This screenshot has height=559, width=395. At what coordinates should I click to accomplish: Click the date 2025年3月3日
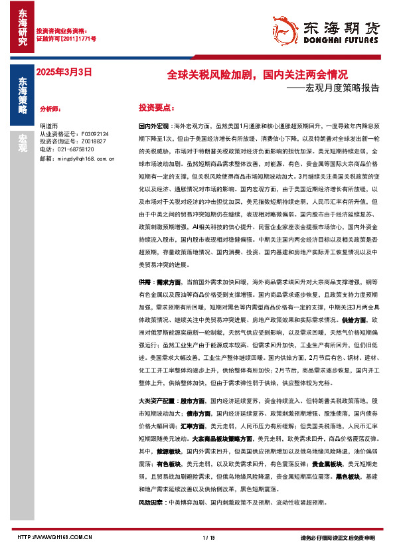coord(64,71)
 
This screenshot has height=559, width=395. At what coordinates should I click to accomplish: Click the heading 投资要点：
coord(157,107)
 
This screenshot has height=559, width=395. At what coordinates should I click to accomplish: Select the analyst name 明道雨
coord(48,125)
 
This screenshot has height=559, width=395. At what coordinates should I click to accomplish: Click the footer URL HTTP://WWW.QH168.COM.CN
coord(54,537)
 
